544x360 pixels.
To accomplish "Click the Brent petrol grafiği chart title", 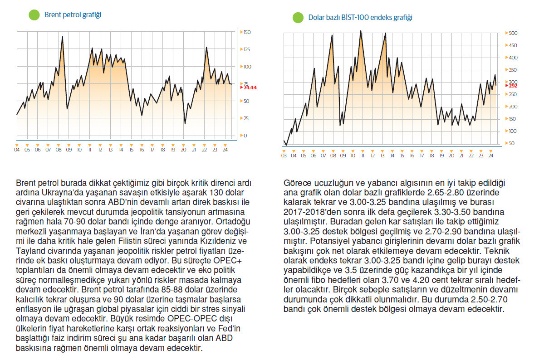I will click(73, 15).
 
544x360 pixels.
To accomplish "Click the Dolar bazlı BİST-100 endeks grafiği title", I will click(360, 18).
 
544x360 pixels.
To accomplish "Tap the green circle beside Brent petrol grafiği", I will click(34, 15).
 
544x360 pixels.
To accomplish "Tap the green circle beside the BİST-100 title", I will click(298, 18).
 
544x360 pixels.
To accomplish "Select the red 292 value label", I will click(513, 85).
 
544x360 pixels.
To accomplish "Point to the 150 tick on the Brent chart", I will click(247, 33).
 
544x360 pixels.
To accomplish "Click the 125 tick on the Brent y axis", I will click(247, 50).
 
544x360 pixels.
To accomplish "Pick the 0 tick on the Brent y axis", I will click(245, 136).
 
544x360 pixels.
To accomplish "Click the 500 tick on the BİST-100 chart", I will click(513, 34).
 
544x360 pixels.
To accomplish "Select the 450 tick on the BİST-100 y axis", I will click(513, 45).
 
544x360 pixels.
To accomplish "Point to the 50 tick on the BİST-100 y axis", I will click(512, 143).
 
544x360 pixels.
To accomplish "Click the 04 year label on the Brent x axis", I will click(17, 150).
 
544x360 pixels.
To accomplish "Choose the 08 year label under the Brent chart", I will click(59, 150).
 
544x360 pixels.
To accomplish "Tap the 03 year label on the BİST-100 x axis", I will click(284, 156).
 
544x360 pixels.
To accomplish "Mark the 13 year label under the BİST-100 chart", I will click(382, 156).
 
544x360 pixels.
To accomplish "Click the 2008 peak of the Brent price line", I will click(62, 36).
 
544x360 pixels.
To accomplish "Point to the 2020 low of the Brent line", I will click(185, 123).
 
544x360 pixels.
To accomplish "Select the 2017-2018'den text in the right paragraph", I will click(305, 212).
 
